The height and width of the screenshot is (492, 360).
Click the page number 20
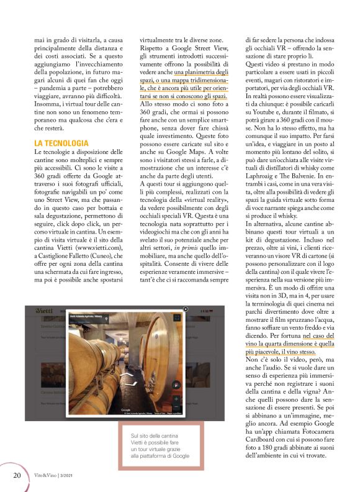[17, 475]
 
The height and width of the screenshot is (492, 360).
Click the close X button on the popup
[185, 309]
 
